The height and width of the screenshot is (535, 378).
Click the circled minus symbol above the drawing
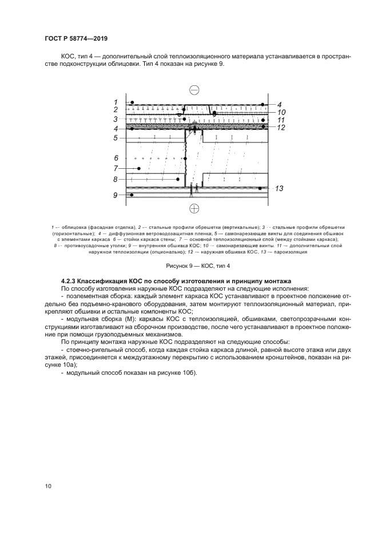tap(194, 90)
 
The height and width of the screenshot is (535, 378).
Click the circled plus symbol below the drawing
tap(194, 208)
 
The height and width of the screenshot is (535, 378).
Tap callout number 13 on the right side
tap(280, 188)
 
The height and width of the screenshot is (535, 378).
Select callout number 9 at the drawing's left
tap(115, 195)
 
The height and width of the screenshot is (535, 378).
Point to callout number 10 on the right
tap(281, 113)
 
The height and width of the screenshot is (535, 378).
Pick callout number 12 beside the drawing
tap(281, 128)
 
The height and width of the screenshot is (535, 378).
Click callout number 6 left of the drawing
tap(116, 157)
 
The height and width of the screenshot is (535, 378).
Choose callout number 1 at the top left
tap(116, 102)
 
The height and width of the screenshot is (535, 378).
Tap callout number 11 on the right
tap(281, 120)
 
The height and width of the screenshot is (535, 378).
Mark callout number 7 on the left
tap(116, 168)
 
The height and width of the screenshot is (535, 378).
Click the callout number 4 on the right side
tap(280, 105)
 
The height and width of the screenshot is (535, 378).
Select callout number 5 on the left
tap(116, 138)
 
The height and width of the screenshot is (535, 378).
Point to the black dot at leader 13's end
tap(260, 188)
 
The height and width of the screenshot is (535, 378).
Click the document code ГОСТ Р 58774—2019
tap(76, 38)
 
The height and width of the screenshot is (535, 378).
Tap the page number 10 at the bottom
tap(49, 486)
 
